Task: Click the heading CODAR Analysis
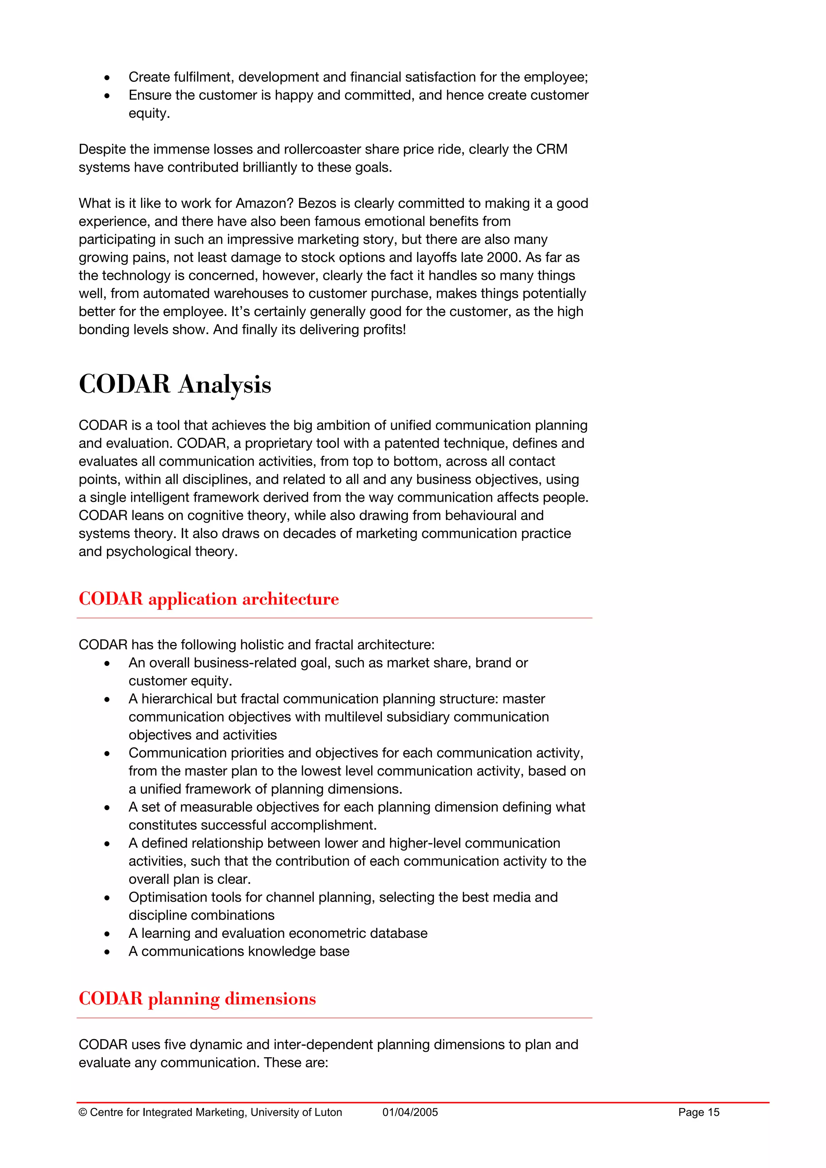pos(175,384)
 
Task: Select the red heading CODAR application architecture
pos(209,599)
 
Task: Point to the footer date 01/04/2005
pos(410,1112)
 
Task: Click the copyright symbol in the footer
pos(82,1112)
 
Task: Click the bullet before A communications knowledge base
pos(107,952)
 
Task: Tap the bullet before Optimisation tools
pos(107,898)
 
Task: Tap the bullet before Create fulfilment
pos(107,78)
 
